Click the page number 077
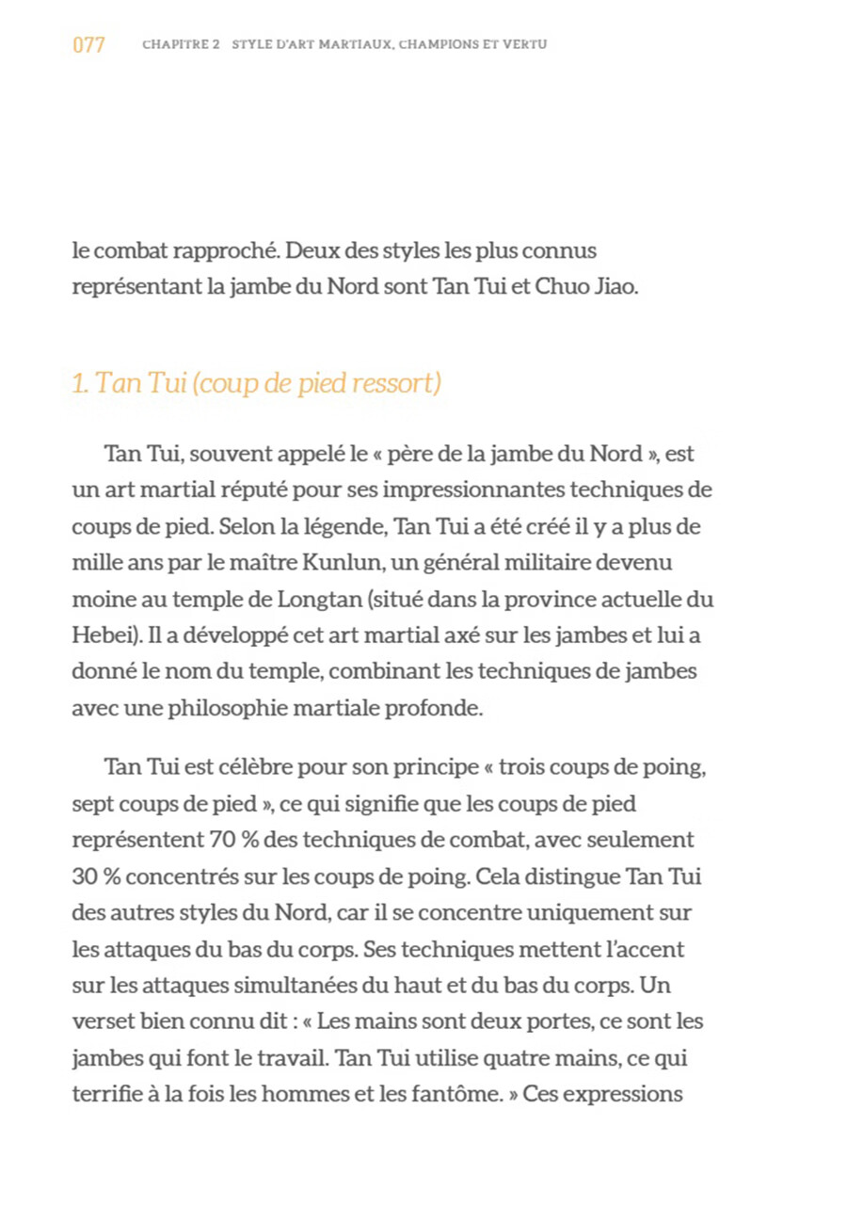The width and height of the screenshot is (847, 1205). [x=88, y=44]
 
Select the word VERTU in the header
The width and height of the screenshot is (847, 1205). [x=525, y=44]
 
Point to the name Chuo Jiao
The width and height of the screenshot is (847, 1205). [x=586, y=286]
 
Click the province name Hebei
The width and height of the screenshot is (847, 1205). [x=105, y=635]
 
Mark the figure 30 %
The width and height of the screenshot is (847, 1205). [x=95, y=876]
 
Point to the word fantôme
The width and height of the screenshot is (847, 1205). [x=464, y=1095]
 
